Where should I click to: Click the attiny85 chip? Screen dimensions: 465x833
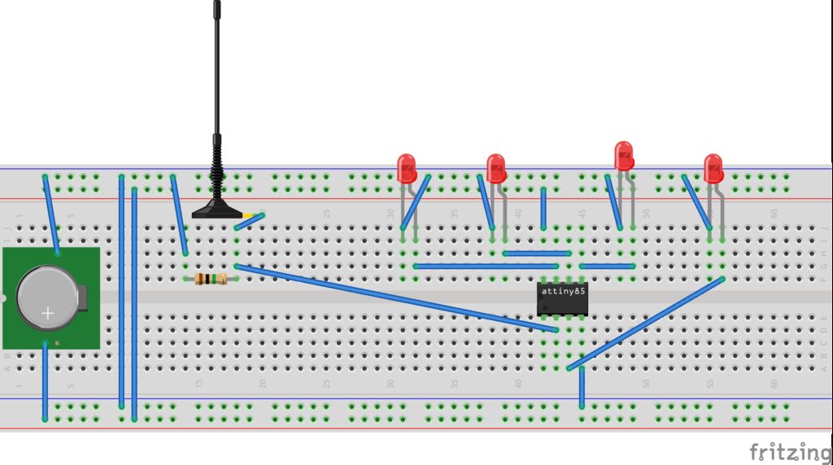(x=562, y=299)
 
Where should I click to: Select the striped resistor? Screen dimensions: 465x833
(x=212, y=279)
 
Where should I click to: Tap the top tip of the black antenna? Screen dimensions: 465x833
(x=217, y=4)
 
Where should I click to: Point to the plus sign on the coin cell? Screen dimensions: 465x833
(x=48, y=313)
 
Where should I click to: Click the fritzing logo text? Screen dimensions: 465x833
(x=789, y=451)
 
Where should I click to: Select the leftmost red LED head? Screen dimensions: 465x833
(x=407, y=168)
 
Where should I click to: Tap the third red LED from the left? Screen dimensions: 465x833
(x=624, y=156)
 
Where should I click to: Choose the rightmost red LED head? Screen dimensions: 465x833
(x=713, y=168)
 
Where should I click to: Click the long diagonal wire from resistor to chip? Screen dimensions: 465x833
(x=390, y=298)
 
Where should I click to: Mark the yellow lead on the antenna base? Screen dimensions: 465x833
(x=257, y=215)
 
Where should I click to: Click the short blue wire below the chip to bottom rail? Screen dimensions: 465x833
(x=582, y=389)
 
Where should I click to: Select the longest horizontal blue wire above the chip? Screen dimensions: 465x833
(x=486, y=266)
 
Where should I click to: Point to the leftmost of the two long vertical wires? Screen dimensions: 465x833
(x=121, y=293)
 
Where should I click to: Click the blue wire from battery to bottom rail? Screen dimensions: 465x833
(x=45, y=382)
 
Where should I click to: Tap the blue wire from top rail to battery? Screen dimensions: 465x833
(x=50, y=215)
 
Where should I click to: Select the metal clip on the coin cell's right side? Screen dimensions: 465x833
(x=81, y=298)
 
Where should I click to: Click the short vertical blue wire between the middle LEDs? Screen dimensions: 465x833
(x=543, y=209)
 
